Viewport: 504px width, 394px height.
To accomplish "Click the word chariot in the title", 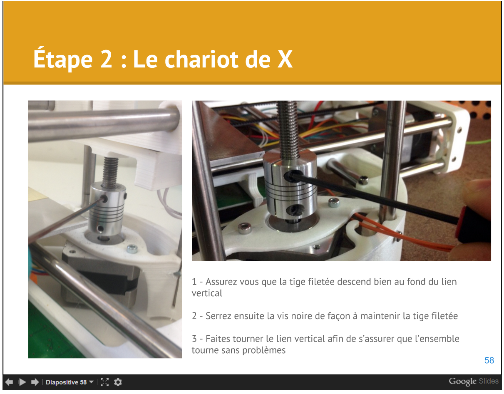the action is [x=201, y=59].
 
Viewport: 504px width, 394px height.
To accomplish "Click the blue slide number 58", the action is [x=489, y=360].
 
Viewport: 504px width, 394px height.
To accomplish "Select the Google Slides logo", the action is [x=473, y=381].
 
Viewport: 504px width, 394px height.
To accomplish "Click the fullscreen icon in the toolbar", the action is [x=104, y=382].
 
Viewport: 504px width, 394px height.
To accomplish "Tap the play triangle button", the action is [x=22, y=382].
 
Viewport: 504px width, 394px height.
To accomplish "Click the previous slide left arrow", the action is [x=9, y=382].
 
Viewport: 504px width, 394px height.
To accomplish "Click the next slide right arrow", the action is [x=35, y=382].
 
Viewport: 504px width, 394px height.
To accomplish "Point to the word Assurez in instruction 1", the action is [x=221, y=282].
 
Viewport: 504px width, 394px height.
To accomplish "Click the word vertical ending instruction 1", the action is [x=207, y=293].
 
